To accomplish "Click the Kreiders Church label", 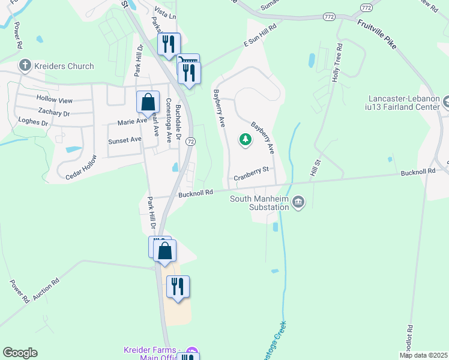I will tap(64, 66).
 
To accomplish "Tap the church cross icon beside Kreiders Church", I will tap(25, 65).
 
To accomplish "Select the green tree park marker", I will tap(246, 140).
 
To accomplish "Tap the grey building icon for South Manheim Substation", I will tap(298, 203).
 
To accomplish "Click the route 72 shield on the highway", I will tap(190, 141).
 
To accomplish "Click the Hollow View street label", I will tap(54, 100).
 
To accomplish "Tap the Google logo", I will tap(20, 353).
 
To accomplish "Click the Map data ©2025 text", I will tap(423, 355).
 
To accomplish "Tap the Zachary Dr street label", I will tap(53, 112).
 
